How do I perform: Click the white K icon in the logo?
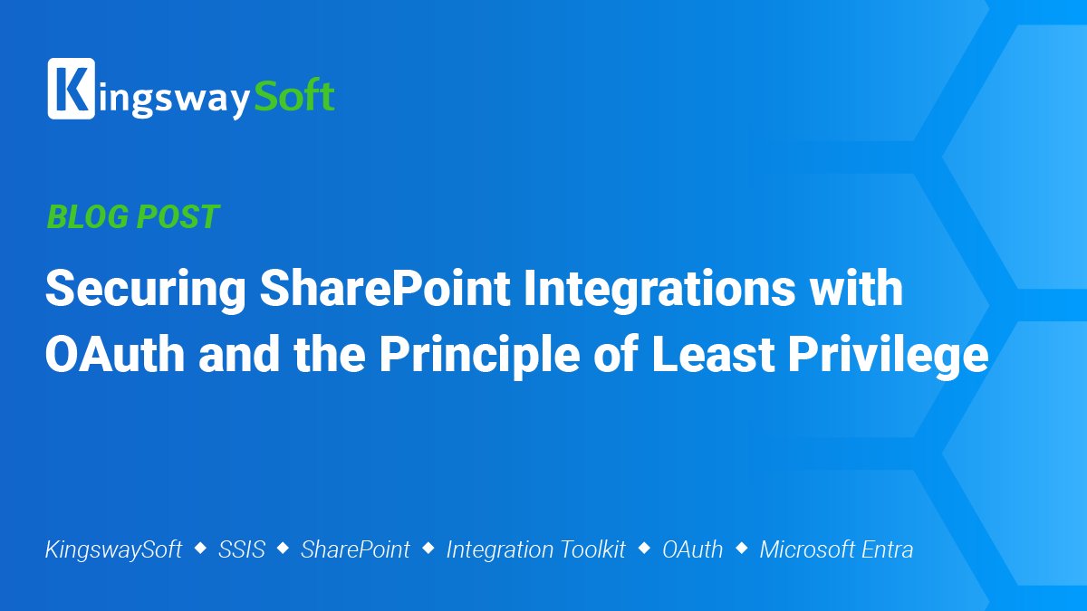[71, 89]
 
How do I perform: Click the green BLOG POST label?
[132, 217]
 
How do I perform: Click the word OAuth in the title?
[115, 356]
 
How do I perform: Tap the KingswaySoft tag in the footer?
[113, 549]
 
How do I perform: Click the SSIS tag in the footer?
[242, 549]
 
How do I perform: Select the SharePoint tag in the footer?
[355, 549]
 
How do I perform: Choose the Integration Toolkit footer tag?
[535, 549]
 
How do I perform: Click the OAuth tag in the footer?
[692, 549]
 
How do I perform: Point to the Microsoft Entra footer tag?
[836, 549]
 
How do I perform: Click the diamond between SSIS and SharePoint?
[283, 548]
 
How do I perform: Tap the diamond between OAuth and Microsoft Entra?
[741, 548]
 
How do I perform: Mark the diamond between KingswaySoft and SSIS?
[200, 548]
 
